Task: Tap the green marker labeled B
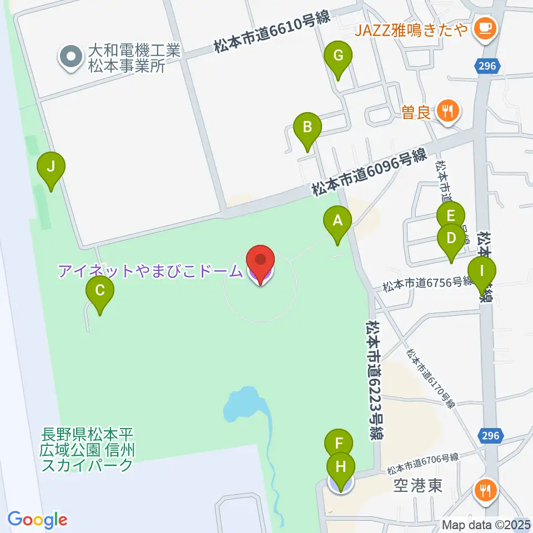coord(307,128)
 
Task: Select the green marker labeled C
coord(100,291)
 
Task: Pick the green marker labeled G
coord(338,56)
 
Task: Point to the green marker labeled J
coord(51,167)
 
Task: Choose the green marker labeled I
coord(481,272)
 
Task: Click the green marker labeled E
coord(450,216)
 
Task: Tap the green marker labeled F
coord(339,444)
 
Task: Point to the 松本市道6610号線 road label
coord(272,32)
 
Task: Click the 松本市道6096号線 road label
coord(368,172)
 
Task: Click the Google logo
coord(37,520)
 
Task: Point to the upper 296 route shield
coord(489,66)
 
